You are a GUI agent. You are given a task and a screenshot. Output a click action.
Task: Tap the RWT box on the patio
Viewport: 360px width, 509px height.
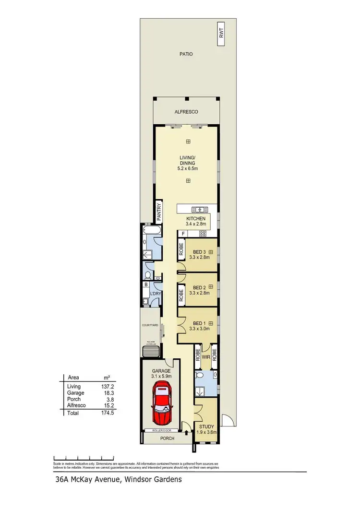tap(221, 33)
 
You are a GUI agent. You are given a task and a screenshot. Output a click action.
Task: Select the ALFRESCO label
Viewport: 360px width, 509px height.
tap(186, 112)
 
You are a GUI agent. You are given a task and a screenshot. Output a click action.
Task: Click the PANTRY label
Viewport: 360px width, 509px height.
tap(158, 212)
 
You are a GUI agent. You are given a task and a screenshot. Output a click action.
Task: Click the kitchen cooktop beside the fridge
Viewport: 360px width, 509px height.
tap(202, 234)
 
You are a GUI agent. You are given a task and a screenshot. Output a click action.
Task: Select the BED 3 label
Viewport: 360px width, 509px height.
tap(199, 252)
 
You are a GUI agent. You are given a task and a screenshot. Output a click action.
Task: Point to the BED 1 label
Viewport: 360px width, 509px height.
tap(199, 323)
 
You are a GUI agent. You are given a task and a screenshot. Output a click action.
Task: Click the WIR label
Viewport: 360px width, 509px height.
tap(205, 356)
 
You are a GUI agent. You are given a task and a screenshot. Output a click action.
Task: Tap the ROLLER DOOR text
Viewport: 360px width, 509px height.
tap(161, 430)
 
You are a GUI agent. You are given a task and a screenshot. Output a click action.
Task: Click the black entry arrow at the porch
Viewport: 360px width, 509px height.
tap(186, 433)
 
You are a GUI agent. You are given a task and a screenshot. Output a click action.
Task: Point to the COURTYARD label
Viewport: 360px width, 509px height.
tap(150, 325)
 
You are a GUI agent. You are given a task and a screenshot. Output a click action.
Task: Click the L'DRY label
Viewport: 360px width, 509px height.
tap(155, 293)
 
